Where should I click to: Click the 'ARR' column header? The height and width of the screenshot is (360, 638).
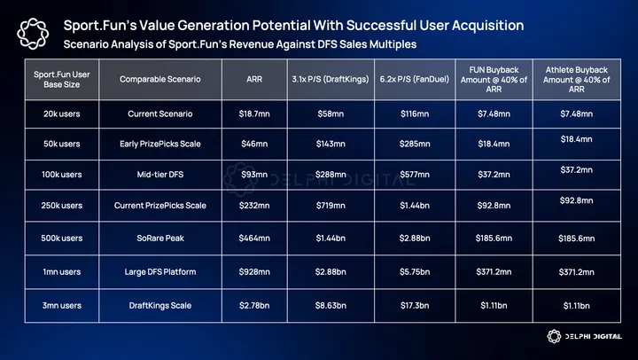pos(253,80)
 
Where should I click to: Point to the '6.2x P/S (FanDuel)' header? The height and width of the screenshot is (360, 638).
pos(411,80)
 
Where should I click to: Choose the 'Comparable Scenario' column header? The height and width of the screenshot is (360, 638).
pos(160,80)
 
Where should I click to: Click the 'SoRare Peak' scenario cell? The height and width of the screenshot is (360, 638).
pos(160,238)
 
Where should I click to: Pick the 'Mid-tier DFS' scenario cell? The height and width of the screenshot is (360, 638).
pos(160,175)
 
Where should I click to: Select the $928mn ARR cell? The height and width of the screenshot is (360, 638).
pos(253,270)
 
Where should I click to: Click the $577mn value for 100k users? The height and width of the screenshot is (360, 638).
pos(411,175)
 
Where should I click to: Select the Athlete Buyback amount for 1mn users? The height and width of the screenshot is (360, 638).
pos(576,270)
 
